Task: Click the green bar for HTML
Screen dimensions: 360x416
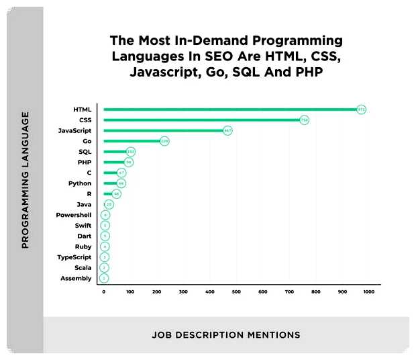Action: pyautogui.click(x=228, y=109)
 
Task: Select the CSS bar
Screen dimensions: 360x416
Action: pyautogui.click(x=201, y=120)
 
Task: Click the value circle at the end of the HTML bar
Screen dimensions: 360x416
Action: pyautogui.click(x=361, y=109)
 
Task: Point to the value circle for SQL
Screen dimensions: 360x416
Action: pyautogui.click(x=130, y=152)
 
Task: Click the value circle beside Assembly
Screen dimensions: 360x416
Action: pyautogui.click(x=104, y=278)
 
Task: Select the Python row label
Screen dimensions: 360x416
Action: pyautogui.click(x=80, y=183)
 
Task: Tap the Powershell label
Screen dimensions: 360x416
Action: pyautogui.click(x=75, y=215)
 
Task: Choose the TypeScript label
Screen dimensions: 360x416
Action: pyautogui.click(x=75, y=257)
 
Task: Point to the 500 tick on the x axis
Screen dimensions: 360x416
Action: pyautogui.click(x=236, y=291)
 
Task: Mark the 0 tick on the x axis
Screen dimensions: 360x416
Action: pyautogui.click(x=104, y=291)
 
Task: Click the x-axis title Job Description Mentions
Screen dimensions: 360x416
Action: pyautogui.click(x=226, y=334)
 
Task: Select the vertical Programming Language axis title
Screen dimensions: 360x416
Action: pyautogui.click(x=25, y=180)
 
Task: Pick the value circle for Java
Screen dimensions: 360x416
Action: pyautogui.click(x=109, y=204)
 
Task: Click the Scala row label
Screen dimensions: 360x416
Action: pyautogui.click(x=83, y=268)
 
